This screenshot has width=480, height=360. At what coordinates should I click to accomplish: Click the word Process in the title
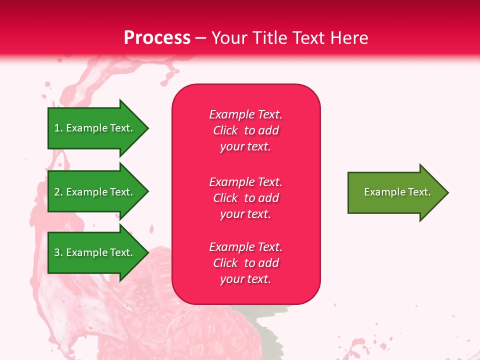(x=157, y=38)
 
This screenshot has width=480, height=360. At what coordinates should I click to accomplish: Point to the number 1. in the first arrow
(x=58, y=128)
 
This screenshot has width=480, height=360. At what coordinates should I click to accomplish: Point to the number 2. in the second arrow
(x=58, y=192)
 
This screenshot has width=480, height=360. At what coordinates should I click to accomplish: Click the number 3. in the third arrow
(x=58, y=253)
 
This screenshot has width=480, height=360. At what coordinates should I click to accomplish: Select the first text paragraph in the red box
(x=245, y=130)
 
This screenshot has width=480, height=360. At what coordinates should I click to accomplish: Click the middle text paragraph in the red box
(x=245, y=198)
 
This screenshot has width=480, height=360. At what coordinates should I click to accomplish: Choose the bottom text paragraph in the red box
(x=245, y=263)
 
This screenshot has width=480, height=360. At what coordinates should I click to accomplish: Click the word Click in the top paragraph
(x=225, y=130)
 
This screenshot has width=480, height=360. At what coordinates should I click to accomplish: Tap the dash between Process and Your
(x=201, y=38)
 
